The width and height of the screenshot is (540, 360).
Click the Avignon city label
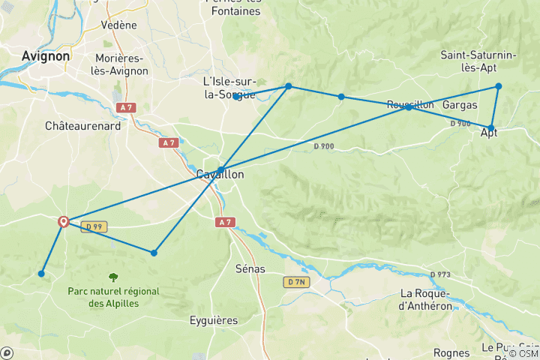click(x=46, y=56)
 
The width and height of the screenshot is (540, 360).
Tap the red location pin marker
click(x=64, y=221)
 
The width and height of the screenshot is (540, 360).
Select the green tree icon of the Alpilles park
click(x=112, y=277)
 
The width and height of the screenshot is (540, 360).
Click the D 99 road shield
click(x=91, y=226)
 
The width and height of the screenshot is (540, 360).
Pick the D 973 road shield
click(x=440, y=274)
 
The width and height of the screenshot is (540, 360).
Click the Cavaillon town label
click(x=220, y=174)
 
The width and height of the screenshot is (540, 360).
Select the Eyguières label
click(x=214, y=320)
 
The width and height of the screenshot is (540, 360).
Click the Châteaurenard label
click(x=82, y=127)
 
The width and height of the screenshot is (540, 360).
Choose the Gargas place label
click(x=460, y=105)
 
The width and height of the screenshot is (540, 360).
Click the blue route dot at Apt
click(x=491, y=128)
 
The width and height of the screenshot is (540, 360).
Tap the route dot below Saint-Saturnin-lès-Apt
click(x=498, y=86)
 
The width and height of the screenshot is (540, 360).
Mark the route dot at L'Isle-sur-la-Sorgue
click(x=236, y=97)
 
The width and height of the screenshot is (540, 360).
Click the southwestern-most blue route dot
click(x=41, y=273)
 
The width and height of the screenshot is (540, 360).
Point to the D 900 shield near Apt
click(x=460, y=124)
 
